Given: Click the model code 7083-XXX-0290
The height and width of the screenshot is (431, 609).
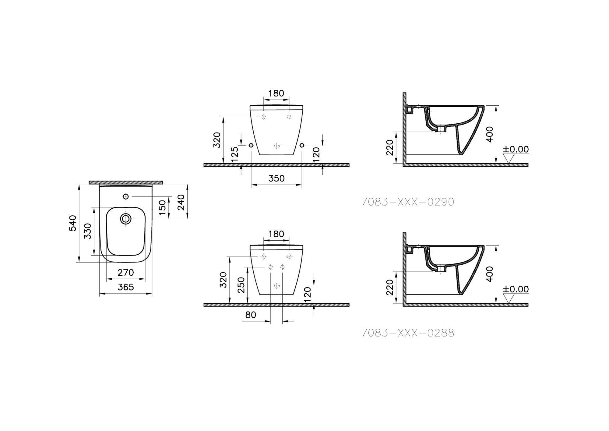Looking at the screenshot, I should tap(407, 202).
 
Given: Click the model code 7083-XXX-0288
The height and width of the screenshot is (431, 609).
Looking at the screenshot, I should tap(407, 333).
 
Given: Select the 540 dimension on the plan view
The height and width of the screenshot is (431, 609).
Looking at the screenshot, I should tap(73, 223).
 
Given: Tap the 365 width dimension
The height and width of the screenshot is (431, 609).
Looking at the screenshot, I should tap(125, 287).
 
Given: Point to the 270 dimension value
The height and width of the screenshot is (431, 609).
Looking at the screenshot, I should tap(125, 272).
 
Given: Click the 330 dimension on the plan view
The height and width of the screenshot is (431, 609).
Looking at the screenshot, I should tap(88, 231).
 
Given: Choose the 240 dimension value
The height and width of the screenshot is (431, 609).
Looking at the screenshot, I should tap(181, 202).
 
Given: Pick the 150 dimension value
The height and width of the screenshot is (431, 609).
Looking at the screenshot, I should tap(163, 207).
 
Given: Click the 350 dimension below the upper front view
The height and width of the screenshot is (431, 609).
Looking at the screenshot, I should tap(276, 178).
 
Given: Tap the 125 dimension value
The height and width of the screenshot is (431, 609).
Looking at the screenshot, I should tap(235, 154).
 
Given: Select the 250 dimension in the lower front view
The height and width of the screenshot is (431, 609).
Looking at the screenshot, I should tap(241, 285).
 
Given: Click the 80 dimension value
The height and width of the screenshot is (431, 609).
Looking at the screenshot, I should tap(251, 315).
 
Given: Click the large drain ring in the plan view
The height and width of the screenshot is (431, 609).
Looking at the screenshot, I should tap(126, 219).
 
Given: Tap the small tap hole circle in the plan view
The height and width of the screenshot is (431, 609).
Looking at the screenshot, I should tap(125, 196).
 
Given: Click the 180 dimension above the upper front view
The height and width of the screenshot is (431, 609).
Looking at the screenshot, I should tap(276, 93).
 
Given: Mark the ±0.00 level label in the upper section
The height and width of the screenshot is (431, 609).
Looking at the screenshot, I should tap(516, 149).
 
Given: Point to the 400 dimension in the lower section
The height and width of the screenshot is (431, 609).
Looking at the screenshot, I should tap(489, 274).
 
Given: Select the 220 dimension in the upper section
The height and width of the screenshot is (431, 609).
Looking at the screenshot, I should tap(390, 147).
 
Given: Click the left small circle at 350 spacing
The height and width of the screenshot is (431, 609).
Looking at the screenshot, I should tap(251, 145).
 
